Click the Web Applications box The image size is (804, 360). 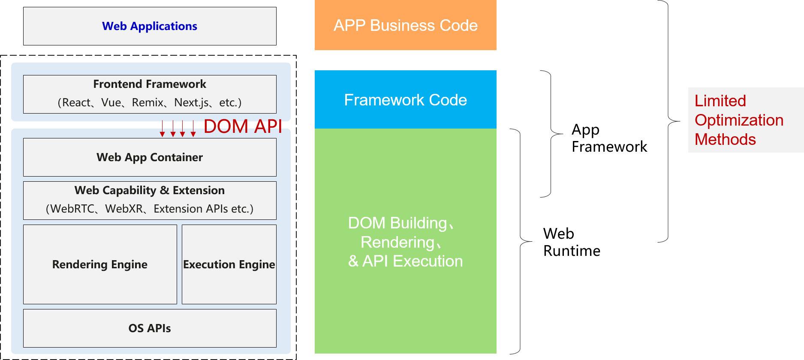[x=150, y=26]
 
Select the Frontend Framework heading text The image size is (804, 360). [x=150, y=84]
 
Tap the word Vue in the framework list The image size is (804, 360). [x=111, y=103]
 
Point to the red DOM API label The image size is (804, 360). [x=243, y=126]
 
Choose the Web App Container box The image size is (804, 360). [x=150, y=157]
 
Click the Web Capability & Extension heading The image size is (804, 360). [x=150, y=190]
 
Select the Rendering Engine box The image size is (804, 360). [x=100, y=264]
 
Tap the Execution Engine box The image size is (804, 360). [x=229, y=264]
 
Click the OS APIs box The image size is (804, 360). [x=150, y=328]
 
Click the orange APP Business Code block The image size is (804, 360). [x=405, y=25]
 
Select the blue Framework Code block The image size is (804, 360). [x=405, y=100]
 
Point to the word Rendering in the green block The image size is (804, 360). [x=397, y=242]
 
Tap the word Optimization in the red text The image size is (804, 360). [x=739, y=120]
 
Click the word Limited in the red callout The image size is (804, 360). [x=720, y=101]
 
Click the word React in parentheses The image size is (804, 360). [x=76, y=103]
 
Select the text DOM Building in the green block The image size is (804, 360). [x=397, y=223]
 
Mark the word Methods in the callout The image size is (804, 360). [x=725, y=140]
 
